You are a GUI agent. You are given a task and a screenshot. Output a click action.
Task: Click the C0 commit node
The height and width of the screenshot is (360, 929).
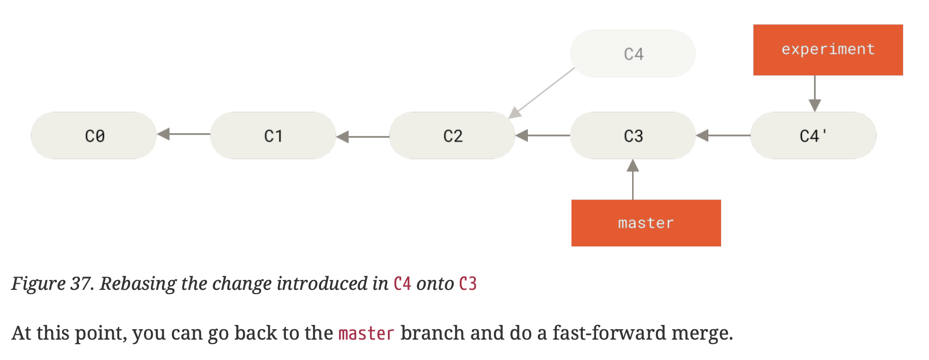(x=94, y=135)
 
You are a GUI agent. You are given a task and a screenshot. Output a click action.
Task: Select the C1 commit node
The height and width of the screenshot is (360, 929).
(x=273, y=135)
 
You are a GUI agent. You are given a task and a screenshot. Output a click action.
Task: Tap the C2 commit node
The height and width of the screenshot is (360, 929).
(x=452, y=135)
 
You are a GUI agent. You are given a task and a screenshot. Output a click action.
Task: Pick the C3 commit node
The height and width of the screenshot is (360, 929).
(x=633, y=135)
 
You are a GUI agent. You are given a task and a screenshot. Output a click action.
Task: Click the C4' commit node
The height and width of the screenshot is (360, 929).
(x=813, y=135)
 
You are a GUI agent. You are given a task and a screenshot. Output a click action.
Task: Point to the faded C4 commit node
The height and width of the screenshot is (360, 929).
(x=633, y=54)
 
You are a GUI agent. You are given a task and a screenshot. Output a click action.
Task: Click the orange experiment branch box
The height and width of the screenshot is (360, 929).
(x=828, y=50)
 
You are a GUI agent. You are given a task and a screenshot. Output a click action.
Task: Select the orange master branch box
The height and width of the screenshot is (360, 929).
(x=646, y=223)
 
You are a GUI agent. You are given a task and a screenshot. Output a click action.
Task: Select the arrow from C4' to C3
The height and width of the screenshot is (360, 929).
(x=723, y=135)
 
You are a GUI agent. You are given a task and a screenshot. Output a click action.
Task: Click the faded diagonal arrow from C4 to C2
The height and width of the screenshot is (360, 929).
(x=542, y=92)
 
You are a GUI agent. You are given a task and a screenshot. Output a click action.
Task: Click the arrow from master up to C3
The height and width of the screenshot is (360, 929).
(x=633, y=180)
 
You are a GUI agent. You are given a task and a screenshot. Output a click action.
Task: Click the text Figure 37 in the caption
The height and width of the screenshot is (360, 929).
(x=52, y=284)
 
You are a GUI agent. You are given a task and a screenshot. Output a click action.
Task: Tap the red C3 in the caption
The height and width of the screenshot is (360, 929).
(x=468, y=284)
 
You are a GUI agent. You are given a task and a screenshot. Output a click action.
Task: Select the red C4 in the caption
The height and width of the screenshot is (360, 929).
(x=402, y=284)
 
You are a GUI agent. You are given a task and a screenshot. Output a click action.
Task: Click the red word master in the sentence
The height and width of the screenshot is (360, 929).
(x=366, y=333)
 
